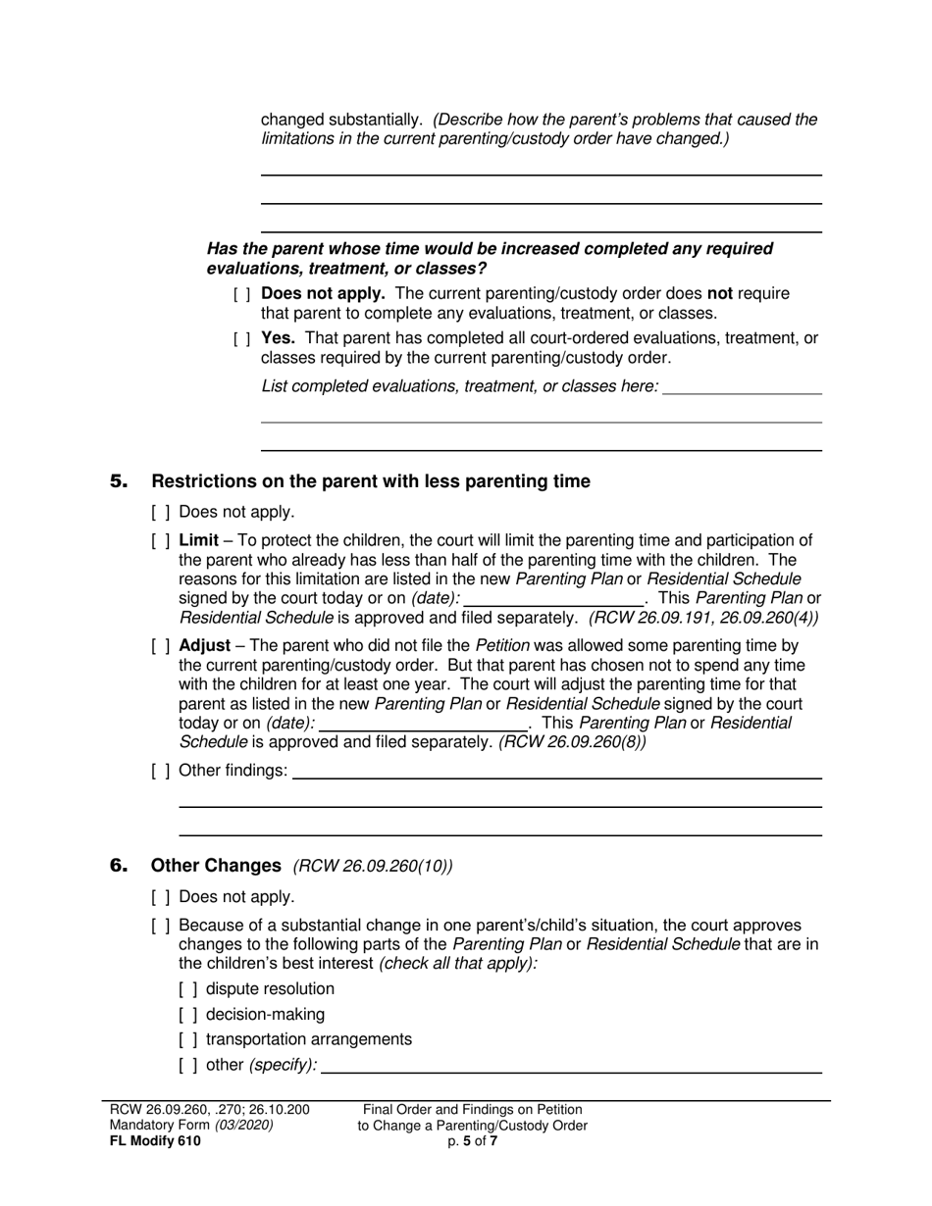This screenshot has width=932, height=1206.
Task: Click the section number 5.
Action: point(119,481)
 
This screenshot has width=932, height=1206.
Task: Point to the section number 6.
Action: point(119,866)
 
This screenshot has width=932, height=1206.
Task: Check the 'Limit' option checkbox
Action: point(161,541)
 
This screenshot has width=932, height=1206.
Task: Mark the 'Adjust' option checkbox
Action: point(161,646)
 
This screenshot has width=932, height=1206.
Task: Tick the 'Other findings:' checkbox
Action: point(161,771)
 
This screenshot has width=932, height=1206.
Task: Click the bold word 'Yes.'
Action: point(279,338)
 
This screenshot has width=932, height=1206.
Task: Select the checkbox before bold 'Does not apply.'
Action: point(242,294)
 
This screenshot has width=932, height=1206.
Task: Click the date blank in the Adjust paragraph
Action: point(424,724)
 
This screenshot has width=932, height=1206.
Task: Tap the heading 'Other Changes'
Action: point(216,866)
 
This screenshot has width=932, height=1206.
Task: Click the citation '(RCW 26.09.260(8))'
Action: point(572,742)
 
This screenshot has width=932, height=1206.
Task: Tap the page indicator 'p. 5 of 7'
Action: point(472,1141)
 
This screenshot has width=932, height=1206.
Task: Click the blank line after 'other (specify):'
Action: point(571,1066)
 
